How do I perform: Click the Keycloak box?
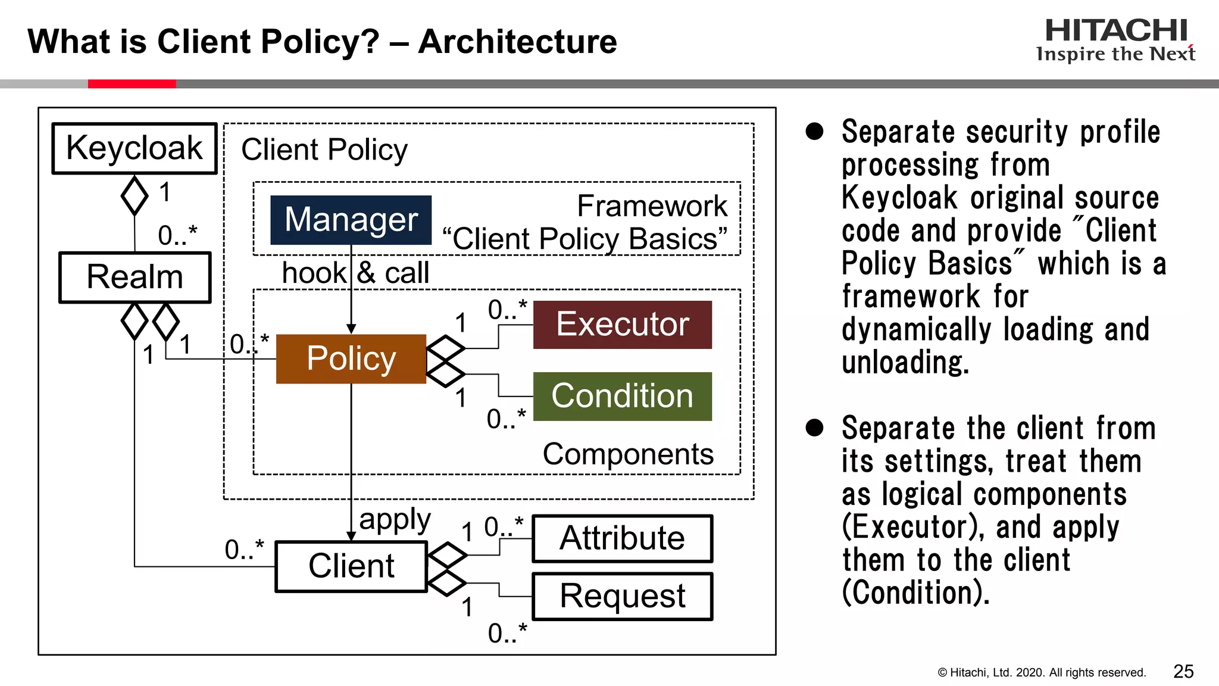[135, 148]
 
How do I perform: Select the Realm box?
[135, 277]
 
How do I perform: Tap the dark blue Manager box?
[351, 220]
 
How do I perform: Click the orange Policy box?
[351, 358]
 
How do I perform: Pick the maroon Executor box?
[622, 325]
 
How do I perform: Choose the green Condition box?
[622, 397]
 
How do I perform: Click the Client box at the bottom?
[351, 566]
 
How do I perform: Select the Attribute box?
[622, 538]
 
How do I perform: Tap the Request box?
[622, 596]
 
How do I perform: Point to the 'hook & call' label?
[355, 273]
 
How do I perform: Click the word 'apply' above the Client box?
[395, 520]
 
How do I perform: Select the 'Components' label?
[628, 454]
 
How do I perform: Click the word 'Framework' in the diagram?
[652, 206]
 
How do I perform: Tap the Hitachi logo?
[1115, 39]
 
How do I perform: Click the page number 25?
[1183, 672]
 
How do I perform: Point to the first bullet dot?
[814, 132]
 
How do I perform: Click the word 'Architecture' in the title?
[517, 42]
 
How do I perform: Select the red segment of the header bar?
[132, 84]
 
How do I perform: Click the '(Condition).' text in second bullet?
[916, 593]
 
